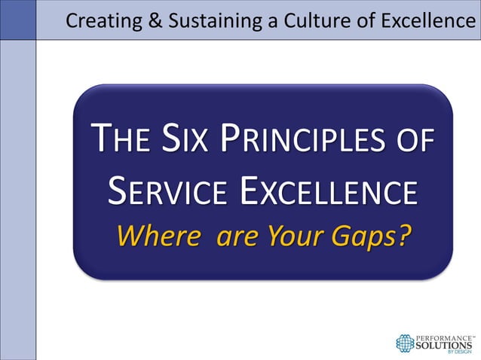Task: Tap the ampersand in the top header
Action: point(155,20)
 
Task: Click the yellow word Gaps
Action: point(365,237)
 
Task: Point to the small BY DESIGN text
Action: point(461,352)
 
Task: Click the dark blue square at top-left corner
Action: point(17,20)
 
